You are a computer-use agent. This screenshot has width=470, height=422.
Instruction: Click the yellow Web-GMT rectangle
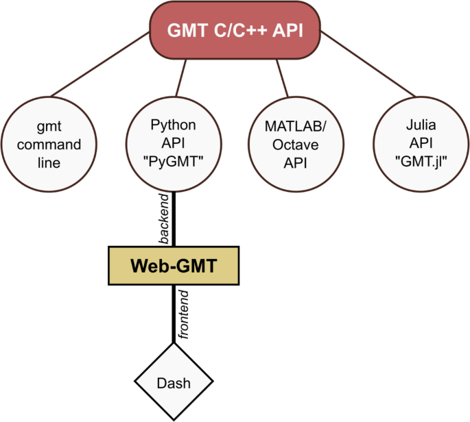[x=174, y=266]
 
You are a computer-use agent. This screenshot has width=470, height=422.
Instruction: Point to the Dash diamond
[x=174, y=382]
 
